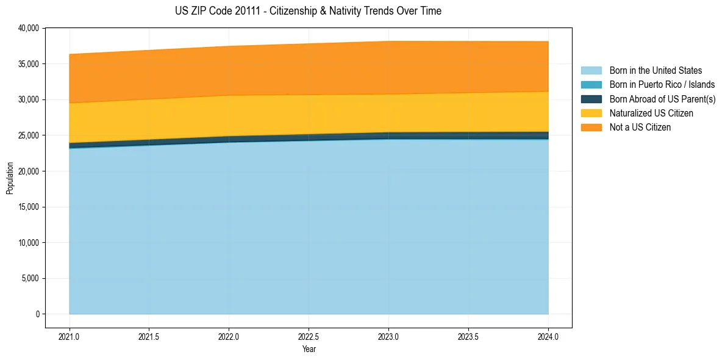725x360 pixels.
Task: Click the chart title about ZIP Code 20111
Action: [308, 11]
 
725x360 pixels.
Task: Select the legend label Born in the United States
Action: [655, 71]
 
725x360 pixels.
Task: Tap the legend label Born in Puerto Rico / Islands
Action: [662, 85]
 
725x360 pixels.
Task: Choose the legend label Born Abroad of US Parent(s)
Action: [662, 99]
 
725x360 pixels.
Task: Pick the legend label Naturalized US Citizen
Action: [651, 113]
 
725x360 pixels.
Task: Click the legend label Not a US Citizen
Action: [640, 128]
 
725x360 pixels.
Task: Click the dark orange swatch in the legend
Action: [591, 128]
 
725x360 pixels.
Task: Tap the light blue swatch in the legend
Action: [591, 71]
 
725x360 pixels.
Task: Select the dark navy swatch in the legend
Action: [591, 99]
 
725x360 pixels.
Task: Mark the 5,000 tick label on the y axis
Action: [30, 279]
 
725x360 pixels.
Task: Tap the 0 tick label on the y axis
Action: [37, 314]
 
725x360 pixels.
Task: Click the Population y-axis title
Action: [10, 178]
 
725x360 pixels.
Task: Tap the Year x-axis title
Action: [309, 350]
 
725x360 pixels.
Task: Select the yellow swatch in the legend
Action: [591, 113]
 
